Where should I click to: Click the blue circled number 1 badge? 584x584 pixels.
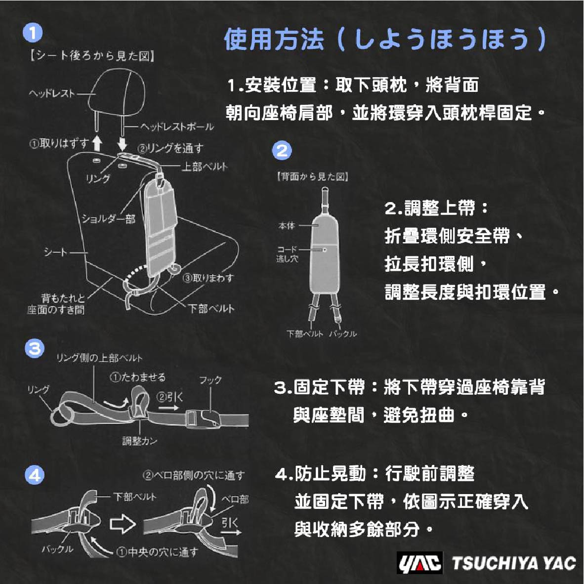(33, 33)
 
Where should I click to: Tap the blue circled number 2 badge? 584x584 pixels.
(282, 151)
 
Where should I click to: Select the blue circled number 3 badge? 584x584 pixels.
(35, 349)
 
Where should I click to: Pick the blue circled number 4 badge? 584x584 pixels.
(35, 475)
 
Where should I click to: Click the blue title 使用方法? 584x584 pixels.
(274, 39)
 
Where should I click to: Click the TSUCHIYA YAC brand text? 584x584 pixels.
(514, 563)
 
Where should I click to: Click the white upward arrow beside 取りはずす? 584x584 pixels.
(97, 143)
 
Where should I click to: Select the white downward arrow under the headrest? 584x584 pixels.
(122, 143)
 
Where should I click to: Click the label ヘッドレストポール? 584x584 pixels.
(177, 126)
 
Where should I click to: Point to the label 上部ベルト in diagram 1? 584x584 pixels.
(205, 166)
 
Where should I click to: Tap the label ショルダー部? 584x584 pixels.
(109, 218)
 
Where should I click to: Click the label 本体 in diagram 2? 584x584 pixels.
(287, 225)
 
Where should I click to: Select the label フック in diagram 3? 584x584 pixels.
(210, 380)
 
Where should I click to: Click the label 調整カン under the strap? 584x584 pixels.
(140, 441)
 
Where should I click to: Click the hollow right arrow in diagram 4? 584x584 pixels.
(123, 524)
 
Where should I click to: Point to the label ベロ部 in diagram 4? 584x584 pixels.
(235, 500)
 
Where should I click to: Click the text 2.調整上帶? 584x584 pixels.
(430, 208)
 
